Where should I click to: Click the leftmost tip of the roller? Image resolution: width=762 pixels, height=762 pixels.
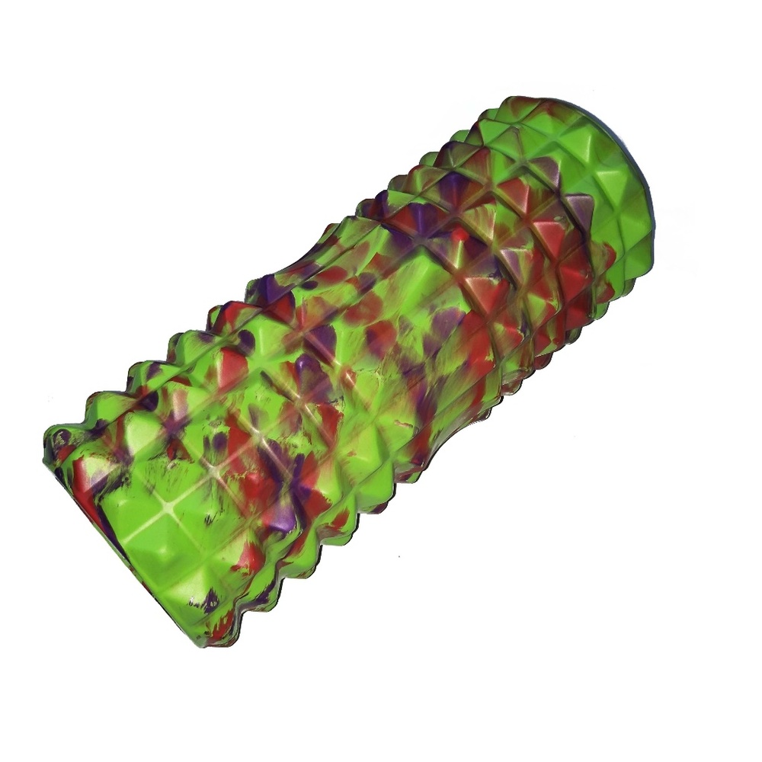tap(46, 442)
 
